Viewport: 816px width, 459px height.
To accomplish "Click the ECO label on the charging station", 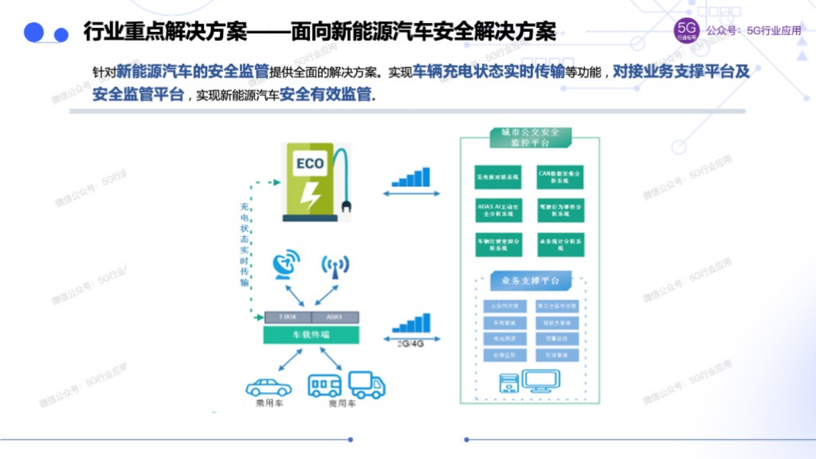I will coord(310,164).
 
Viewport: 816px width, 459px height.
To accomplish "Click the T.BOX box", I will coord(287,317).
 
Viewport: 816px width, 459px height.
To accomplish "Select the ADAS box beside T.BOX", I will coord(335,317).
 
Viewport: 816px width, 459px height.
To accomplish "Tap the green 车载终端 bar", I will coord(311,334).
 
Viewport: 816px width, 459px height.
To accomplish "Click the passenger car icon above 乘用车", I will coord(269,387).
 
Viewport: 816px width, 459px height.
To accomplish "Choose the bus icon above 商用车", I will coord(325,385).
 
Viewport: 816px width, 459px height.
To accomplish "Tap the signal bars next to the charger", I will coord(411,177).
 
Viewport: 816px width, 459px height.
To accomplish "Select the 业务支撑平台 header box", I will coord(530,281).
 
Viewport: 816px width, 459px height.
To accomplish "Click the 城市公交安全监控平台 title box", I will coord(530,137).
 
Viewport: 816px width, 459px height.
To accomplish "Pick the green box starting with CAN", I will coord(560,177).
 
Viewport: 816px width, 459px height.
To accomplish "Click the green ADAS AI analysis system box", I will coord(499,210).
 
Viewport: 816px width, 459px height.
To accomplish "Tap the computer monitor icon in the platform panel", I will coord(540,380).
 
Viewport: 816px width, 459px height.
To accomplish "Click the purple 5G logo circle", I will coord(687,31).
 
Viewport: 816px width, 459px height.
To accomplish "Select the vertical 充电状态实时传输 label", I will coord(244,244).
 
